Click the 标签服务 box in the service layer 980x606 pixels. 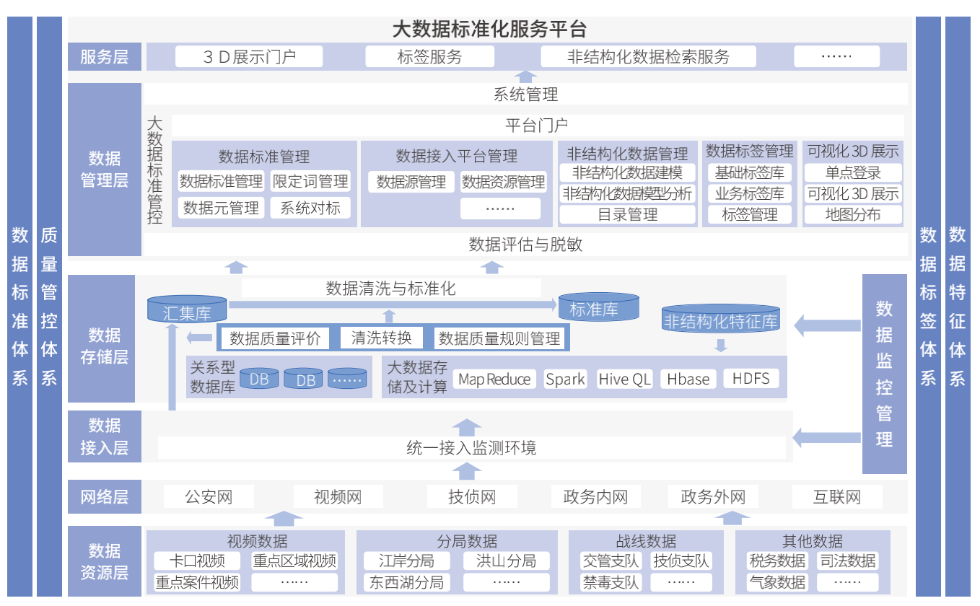pyautogui.click(x=429, y=57)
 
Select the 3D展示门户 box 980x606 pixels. pyautogui.click(x=249, y=57)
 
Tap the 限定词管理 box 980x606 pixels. pyautogui.click(x=310, y=181)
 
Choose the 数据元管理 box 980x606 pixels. pyautogui.click(x=221, y=208)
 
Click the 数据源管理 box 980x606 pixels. pyautogui.click(x=411, y=182)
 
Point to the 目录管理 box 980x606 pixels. pyautogui.click(x=627, y=215)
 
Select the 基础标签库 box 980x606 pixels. pyautogui.click(x=750, y=172)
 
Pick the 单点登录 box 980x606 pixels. pyautogui.click(x=853, y=172)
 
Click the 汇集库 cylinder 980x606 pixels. pyautogui.click(x=187, y=309)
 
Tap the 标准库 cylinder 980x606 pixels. pyautogui.click(x=598, y=307)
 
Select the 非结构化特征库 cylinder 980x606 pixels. pyautogui.click(x=720, y=318)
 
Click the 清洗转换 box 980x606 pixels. pyautogui.click(x=382, y=338)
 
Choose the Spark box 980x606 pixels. pyautogui.click(x=565, y=379)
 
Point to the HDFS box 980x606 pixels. pyautogui.click(x=751, y=378)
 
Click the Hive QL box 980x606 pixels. pyautogui.click(x=624, y=379)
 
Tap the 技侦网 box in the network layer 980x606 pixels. pyautogui.click(x=472, y=496)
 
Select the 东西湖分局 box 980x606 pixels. pyautogui.click(x=406, y=582)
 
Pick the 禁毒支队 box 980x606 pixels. pyautogui.click(x=611, y=582)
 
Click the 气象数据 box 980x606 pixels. pyautogui.click(x=777, y=582)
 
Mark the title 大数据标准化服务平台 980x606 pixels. pyautogui.click(x=489, y=30)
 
